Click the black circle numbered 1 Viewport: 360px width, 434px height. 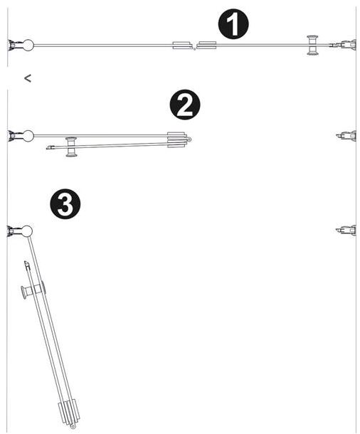coord(233,24)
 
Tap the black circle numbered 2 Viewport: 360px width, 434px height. coord(184,105)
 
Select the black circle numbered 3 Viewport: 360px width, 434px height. coord(65,204)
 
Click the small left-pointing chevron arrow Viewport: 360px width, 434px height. coord(28,78)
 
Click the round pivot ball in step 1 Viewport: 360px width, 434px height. coord(28,46)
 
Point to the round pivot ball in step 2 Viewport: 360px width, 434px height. coord(28,136)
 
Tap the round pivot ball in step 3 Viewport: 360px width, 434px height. coord(26,231)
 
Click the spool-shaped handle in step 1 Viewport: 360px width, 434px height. coord(312,46)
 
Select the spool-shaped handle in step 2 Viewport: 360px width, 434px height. coord(71,147)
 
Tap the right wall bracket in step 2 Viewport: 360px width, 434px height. coord(346,136)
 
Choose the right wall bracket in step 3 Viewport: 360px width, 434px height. coord(346,231)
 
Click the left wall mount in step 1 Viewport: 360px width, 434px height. coord(14,46)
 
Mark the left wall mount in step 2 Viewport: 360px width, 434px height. coord(14,136)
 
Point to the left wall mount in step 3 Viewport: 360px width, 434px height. coord(14,231)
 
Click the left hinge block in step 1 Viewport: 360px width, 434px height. coord(183,46)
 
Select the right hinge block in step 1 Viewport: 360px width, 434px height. coord(206,46)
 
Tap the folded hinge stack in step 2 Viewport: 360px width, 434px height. coord(179,140)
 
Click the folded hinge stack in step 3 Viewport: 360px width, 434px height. coord(68,413)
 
